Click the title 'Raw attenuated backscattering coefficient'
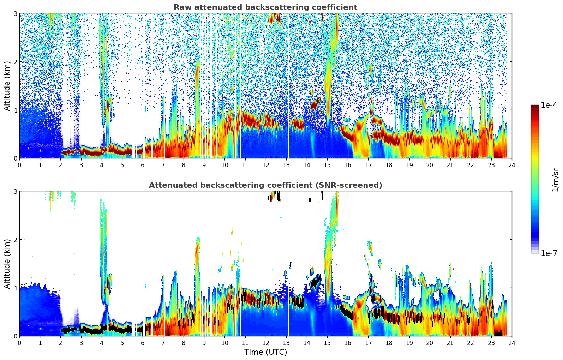[x=265, y=7]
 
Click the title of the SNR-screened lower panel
[x=265, y=185]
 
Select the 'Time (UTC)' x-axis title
[x=265, y=352]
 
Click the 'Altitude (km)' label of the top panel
[x=7, y=86]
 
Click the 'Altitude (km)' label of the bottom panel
[x=7, y=264]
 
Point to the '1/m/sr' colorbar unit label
[x=555, y=179]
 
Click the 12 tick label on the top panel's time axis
[x=265, y=165]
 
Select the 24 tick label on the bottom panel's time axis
[x=512, y=343]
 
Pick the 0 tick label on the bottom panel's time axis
[x=19, y=343]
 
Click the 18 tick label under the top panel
[x=389, y=165]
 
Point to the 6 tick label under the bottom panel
[x=143, y=343]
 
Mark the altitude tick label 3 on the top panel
[x=15, y=13]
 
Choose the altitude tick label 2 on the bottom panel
[x=15, y=240]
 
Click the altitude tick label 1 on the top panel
[x=15, y=110]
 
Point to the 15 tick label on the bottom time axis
[x=327, y=343]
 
